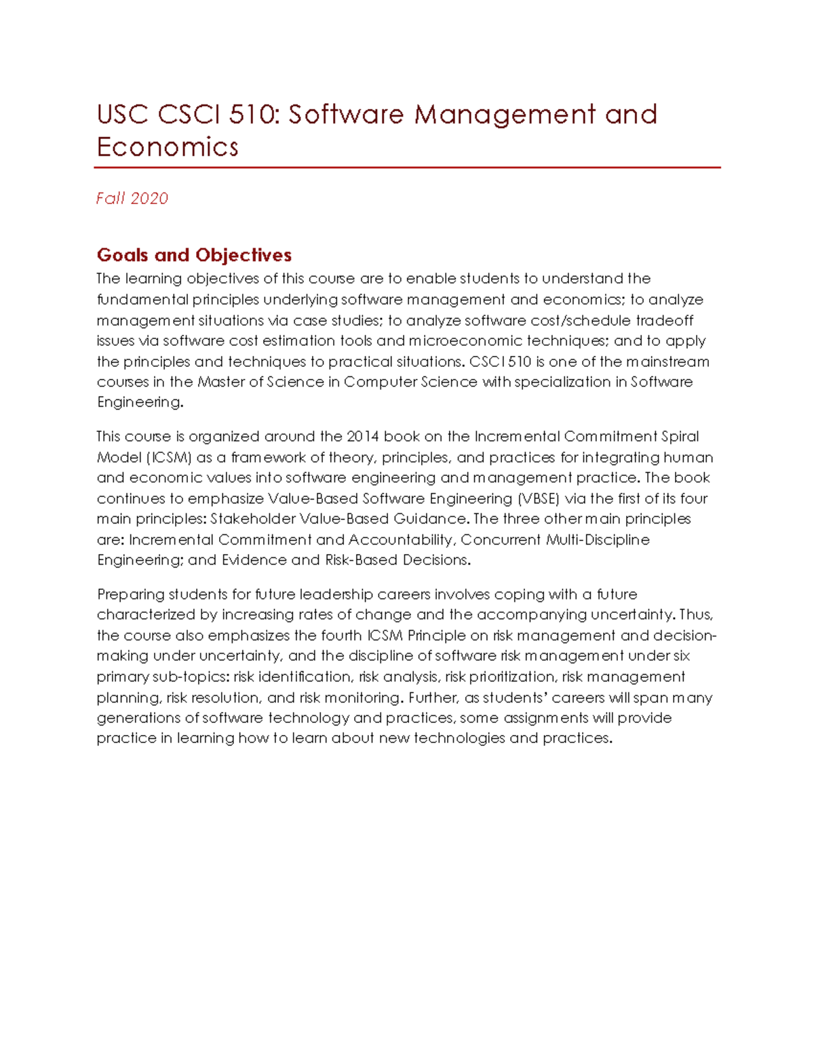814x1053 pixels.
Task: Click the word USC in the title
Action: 122,115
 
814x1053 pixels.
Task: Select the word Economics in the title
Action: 168,147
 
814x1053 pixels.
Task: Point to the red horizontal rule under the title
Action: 407,167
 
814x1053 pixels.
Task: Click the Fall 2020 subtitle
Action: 132,199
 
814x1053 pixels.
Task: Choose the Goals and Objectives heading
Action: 194,255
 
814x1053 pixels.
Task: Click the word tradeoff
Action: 664,320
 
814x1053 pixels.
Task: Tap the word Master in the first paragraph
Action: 221,382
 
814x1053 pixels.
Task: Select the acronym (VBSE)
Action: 539,499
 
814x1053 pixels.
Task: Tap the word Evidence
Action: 254,560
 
